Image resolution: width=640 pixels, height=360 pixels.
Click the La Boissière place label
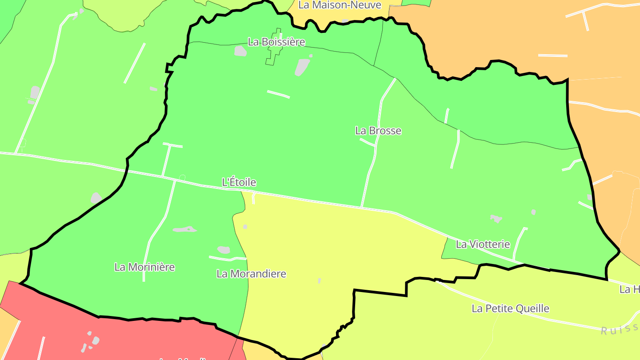(276, 42)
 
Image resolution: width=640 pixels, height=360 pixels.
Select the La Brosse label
(378, 131)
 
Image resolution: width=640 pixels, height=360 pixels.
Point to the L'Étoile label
(239, 182)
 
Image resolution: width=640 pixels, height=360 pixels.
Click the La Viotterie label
(483, 244)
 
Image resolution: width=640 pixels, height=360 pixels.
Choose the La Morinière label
(144, 267)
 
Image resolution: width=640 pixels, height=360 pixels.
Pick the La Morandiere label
(251, 274)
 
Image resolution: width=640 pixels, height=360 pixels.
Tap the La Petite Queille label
(510, 308)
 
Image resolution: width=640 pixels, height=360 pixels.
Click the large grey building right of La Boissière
(302, 67)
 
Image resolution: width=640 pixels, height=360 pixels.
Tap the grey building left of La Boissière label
(240, 52)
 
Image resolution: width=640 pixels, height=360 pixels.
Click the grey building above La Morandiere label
(224, 250)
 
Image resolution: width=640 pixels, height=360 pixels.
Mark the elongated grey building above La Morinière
(184, 229)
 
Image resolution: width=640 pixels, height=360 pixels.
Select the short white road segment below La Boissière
(278, 94)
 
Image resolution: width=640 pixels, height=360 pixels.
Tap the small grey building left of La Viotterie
(496, 218)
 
